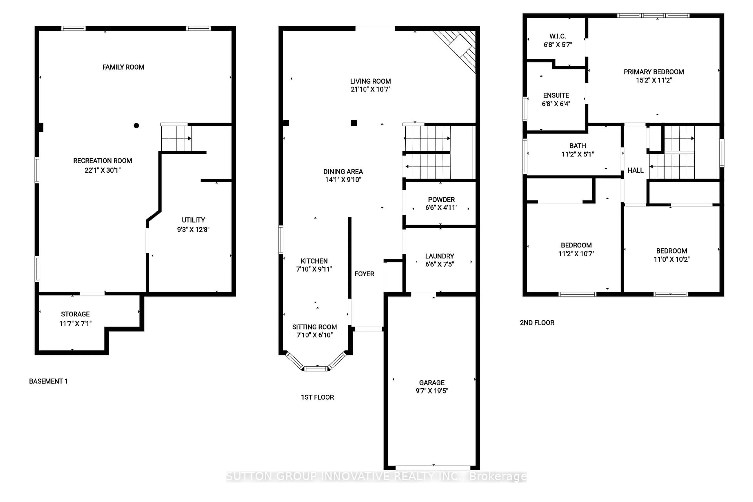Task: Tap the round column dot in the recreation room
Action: coord(136,125)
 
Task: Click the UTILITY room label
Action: coord(193,220)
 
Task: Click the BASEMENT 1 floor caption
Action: coord(48,381)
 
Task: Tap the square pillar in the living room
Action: coord(354,123)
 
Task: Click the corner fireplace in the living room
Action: coord(461,48)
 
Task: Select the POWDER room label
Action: coord(441,199)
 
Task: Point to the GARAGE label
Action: coord(432,383)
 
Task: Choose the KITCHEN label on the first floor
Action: coord(314,261)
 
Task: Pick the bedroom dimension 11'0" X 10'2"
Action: coord(671,259)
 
